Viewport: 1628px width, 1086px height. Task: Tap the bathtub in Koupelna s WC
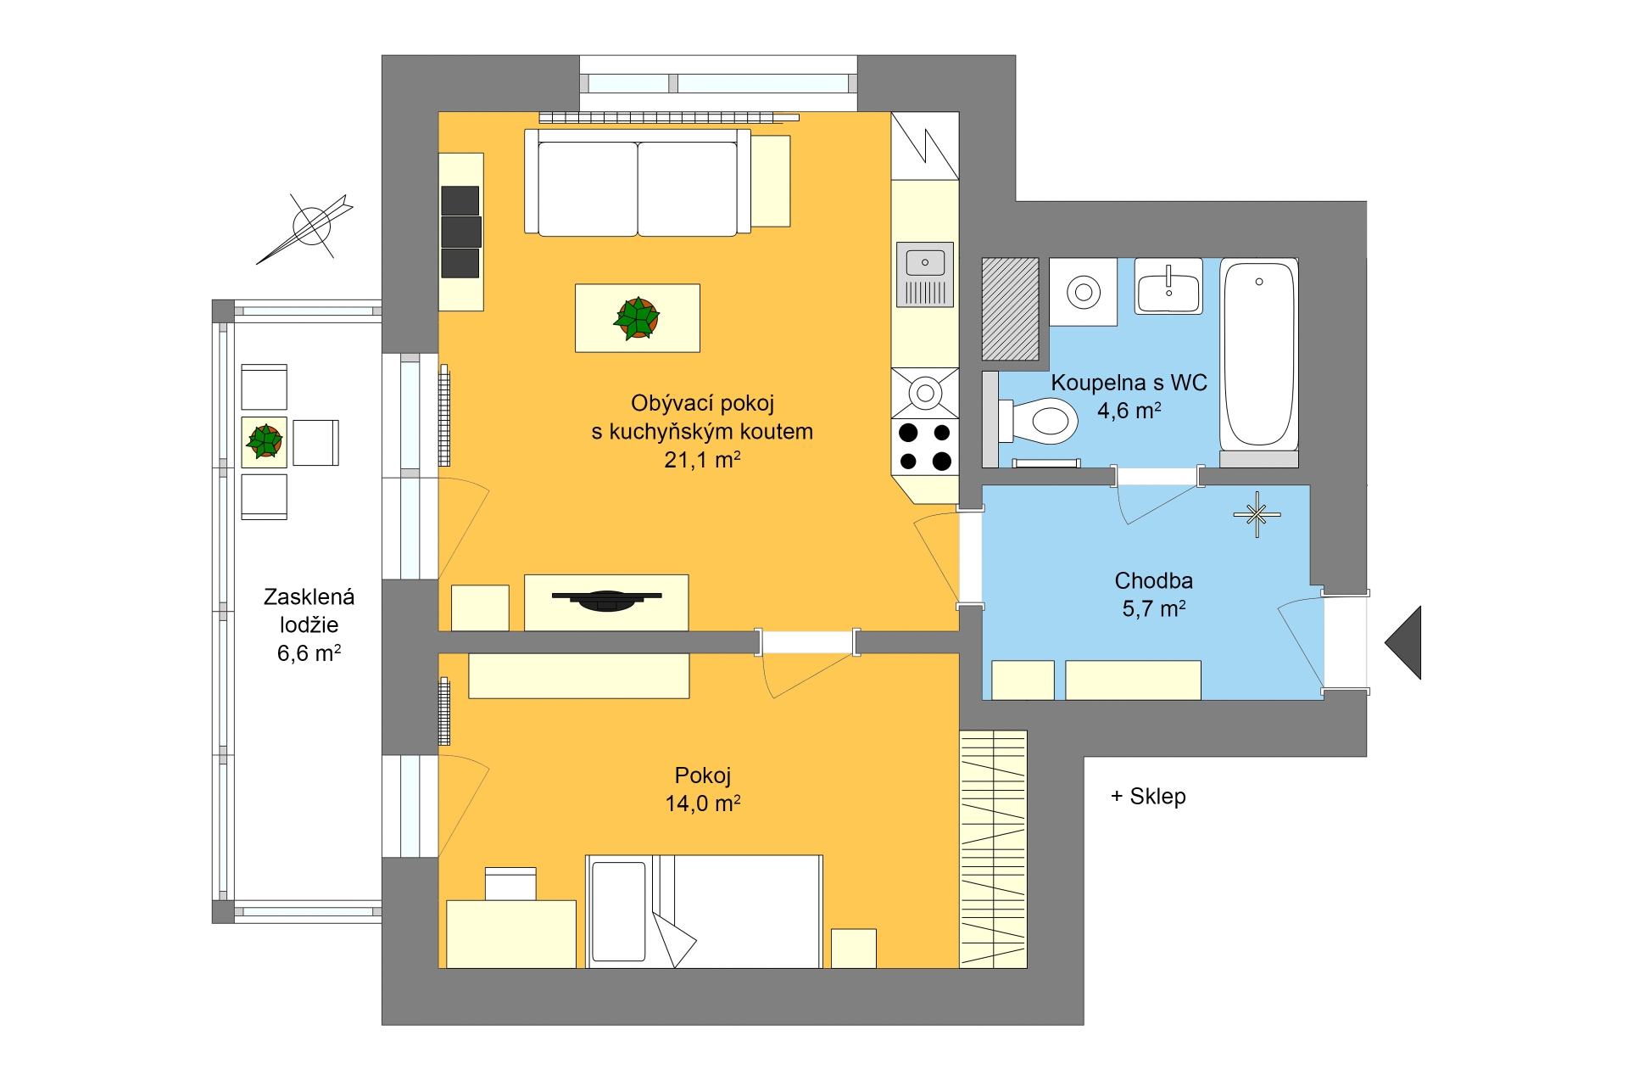pyautogui.click(x=1259, y=354)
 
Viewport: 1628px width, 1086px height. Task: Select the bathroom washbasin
pyautogui.click(x=1168, y=286)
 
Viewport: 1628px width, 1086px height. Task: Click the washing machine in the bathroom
pyautogui.click(x=1083, y=292)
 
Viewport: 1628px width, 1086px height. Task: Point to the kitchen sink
pyautogui.click(x=925, y=274)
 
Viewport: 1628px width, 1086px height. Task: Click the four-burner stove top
pyautogui.click(x=925, y=447)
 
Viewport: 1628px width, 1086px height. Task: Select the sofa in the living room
pyautogui.click(x=638, y=182)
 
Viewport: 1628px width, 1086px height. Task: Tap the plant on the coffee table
pyautogui.click(x=637, y=318)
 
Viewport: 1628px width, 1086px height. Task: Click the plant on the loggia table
pyautogui.click(x=265, y=441)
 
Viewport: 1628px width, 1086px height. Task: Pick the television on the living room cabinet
pyautogui.click(x=607, y=600)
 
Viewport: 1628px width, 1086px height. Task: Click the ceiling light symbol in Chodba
pyautogui.click(x=1257, y=514)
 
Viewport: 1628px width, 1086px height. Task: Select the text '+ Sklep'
pyautogui.click(x=1148, y=796)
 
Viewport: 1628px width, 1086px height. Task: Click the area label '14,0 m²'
pyautogui.click(x=703, y=803)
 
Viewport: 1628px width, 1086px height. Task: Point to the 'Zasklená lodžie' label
pyautogui.click(x=309, y=611)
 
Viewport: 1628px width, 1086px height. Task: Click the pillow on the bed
pyautogui.click(x=619, y=911)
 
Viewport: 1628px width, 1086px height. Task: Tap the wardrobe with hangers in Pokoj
pyautogui.click(x=993, y=848)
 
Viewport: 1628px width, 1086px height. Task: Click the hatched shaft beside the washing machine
pyautogui.click(x=1010, y=309)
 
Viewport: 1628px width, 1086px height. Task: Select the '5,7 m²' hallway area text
pyautogui.click(x=1154, y=608)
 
